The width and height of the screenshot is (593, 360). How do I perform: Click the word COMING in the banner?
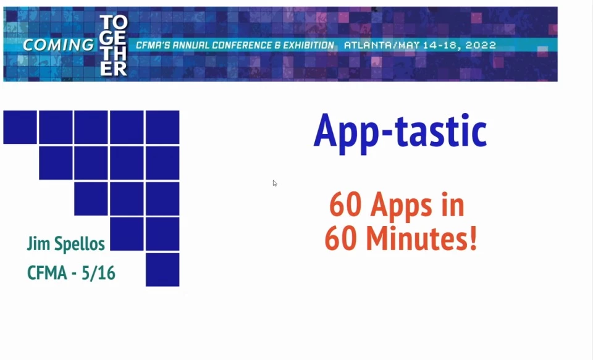[x=58, y=45]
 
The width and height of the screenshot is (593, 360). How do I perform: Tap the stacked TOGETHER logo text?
[x=114, y=45]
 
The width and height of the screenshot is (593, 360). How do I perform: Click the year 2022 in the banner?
[x=481, y=45]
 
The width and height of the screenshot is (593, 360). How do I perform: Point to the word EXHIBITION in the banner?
[x=309, y=45]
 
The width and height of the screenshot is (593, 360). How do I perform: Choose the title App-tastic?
[x=400, y=132]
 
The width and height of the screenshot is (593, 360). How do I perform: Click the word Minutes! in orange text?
[x=422, y=238]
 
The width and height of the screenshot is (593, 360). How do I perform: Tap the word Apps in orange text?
[x=402, y=206]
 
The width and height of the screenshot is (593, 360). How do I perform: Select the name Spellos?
[x=80, y=243]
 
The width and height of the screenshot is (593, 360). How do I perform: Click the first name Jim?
[x=38, y=243]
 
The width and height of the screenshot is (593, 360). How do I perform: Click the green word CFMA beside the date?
[x=48, y=273]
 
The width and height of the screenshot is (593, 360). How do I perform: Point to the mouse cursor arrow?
[x=274, y=183]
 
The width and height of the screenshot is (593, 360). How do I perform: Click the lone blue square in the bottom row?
[x=162, y=270]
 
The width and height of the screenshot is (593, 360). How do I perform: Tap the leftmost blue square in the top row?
[x=20, y=127]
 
